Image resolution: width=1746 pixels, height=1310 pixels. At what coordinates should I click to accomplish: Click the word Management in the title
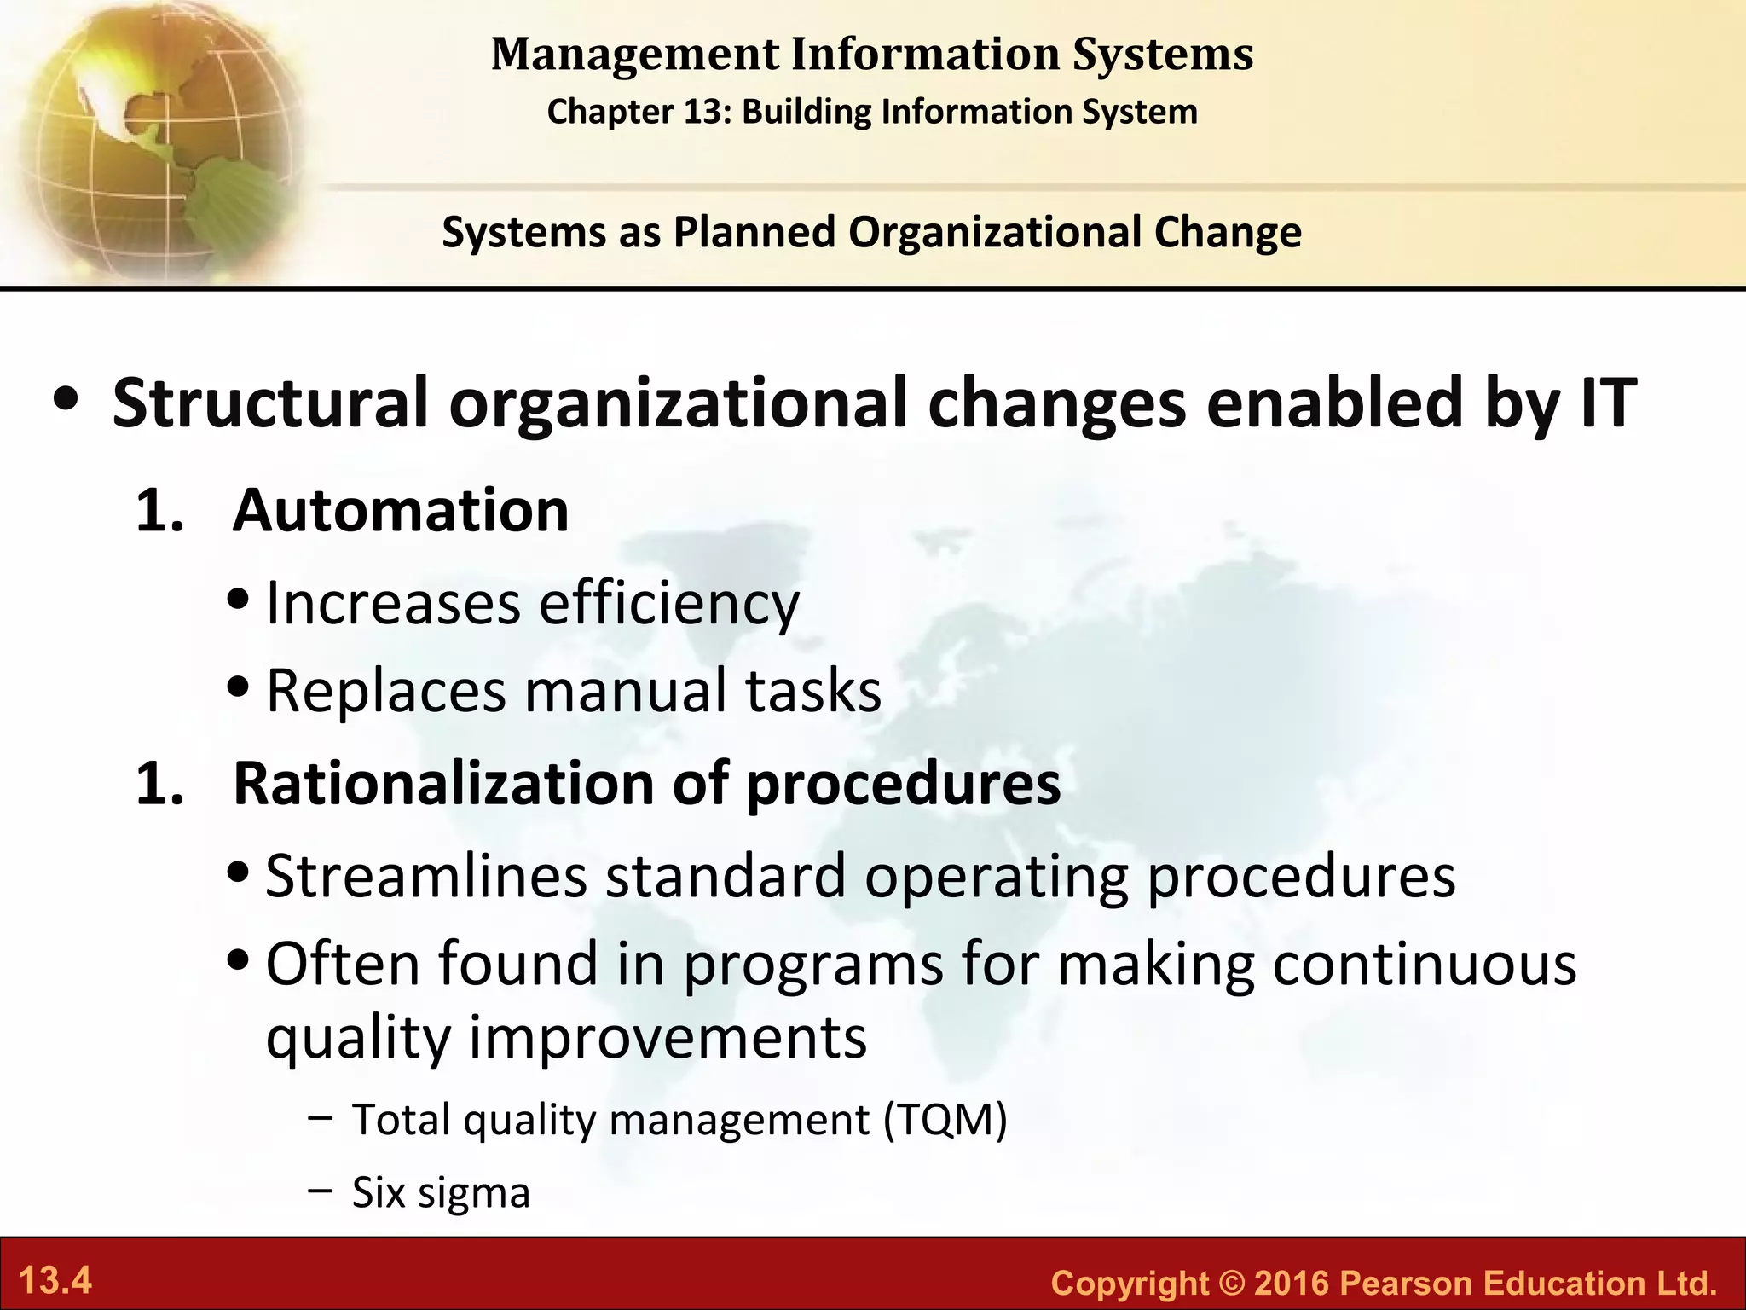click(x=633, y=55)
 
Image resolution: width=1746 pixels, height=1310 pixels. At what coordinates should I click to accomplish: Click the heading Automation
click(x=401, y=511)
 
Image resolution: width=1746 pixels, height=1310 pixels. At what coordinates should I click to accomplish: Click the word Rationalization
click(x=443, y=783)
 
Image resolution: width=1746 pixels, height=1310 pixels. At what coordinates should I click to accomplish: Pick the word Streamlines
click(x=426, y=876)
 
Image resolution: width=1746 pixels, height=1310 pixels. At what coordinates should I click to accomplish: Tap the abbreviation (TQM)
click(x=945, y=1119)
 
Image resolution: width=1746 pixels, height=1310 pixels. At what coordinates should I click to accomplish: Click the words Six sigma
click(x=441, y=1192)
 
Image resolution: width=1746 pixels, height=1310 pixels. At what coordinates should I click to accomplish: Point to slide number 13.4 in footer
click(x=55, y=1281)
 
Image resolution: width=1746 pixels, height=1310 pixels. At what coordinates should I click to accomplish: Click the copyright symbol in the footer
click(x=1230, y=1283)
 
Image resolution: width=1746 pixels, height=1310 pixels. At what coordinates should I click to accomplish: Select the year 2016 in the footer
click(x=1292, y=1283)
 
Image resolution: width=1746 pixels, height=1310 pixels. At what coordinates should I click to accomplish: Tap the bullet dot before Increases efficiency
click(x=240, y=602)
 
